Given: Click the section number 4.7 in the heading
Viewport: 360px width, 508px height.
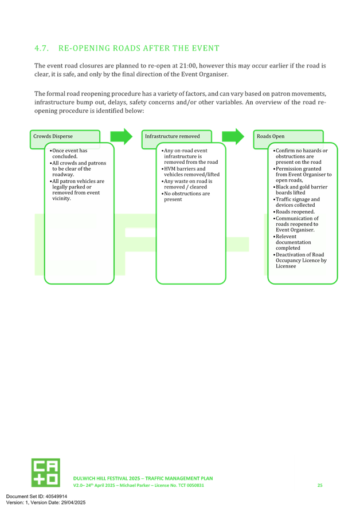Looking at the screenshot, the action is tap(41, 48).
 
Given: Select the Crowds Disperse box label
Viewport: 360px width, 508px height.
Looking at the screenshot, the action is tap(53, 136).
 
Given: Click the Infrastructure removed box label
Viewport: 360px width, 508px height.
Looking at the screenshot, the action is tap(172, 136).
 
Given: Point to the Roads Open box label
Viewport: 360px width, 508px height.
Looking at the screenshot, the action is tap(271, 136).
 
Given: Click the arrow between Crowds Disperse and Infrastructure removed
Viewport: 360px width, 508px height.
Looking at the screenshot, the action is tap(122, 136).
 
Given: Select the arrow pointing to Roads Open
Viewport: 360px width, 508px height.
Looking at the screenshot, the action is tap(233, 136).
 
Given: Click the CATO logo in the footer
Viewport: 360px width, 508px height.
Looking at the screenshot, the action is tap(46, 472).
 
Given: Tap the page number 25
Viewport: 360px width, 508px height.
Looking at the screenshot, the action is tap(320, 485).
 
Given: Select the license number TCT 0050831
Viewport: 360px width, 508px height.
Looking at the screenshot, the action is tap(191, 485).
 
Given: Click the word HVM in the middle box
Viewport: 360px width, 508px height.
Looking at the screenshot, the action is tap(170, 169).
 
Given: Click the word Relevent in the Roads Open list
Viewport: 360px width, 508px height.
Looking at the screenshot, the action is tap(286, 237).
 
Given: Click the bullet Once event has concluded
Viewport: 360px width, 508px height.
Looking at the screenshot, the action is tap(68, 153).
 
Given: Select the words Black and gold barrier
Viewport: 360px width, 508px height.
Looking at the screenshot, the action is tap(302, 187).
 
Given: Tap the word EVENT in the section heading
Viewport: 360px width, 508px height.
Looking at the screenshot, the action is tap(206, 48).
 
